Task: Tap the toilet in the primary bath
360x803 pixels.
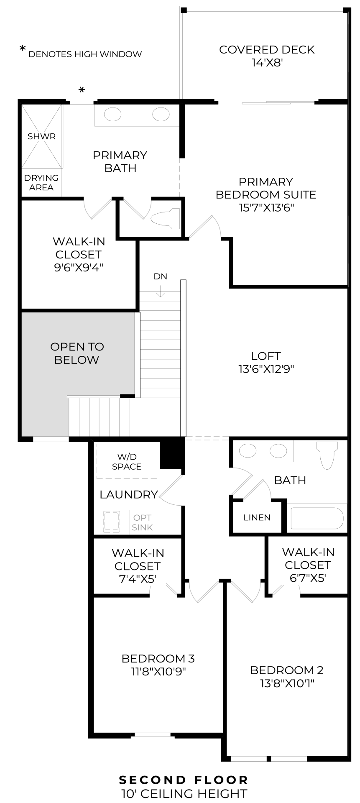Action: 165,218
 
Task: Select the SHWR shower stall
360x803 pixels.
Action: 41,136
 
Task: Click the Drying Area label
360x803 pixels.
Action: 41,183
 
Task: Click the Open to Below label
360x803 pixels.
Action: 77,353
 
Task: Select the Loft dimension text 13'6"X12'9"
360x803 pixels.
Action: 266,369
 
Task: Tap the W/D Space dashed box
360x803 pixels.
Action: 127,461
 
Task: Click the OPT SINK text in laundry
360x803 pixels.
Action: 142,522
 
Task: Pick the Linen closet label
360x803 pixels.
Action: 257,517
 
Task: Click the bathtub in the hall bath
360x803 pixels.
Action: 317,518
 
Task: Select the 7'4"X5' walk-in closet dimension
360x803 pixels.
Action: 137,579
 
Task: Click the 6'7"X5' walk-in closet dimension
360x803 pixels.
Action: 307,578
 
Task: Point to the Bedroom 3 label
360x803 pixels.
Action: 158,658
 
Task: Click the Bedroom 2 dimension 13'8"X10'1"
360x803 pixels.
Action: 287,683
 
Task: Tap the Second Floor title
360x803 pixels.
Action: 184,780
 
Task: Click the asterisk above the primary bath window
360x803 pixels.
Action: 82,90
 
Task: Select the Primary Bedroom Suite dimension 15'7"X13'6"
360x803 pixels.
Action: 266,207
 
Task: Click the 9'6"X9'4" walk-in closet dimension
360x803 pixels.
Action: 79,267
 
